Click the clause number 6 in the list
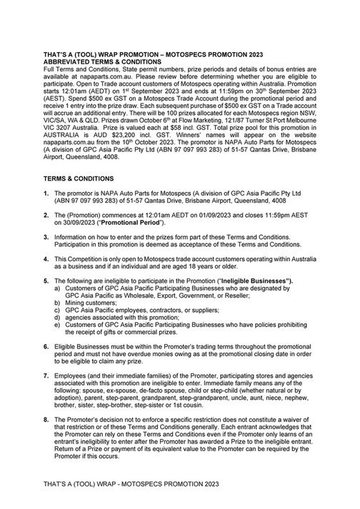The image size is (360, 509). [46, 365]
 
